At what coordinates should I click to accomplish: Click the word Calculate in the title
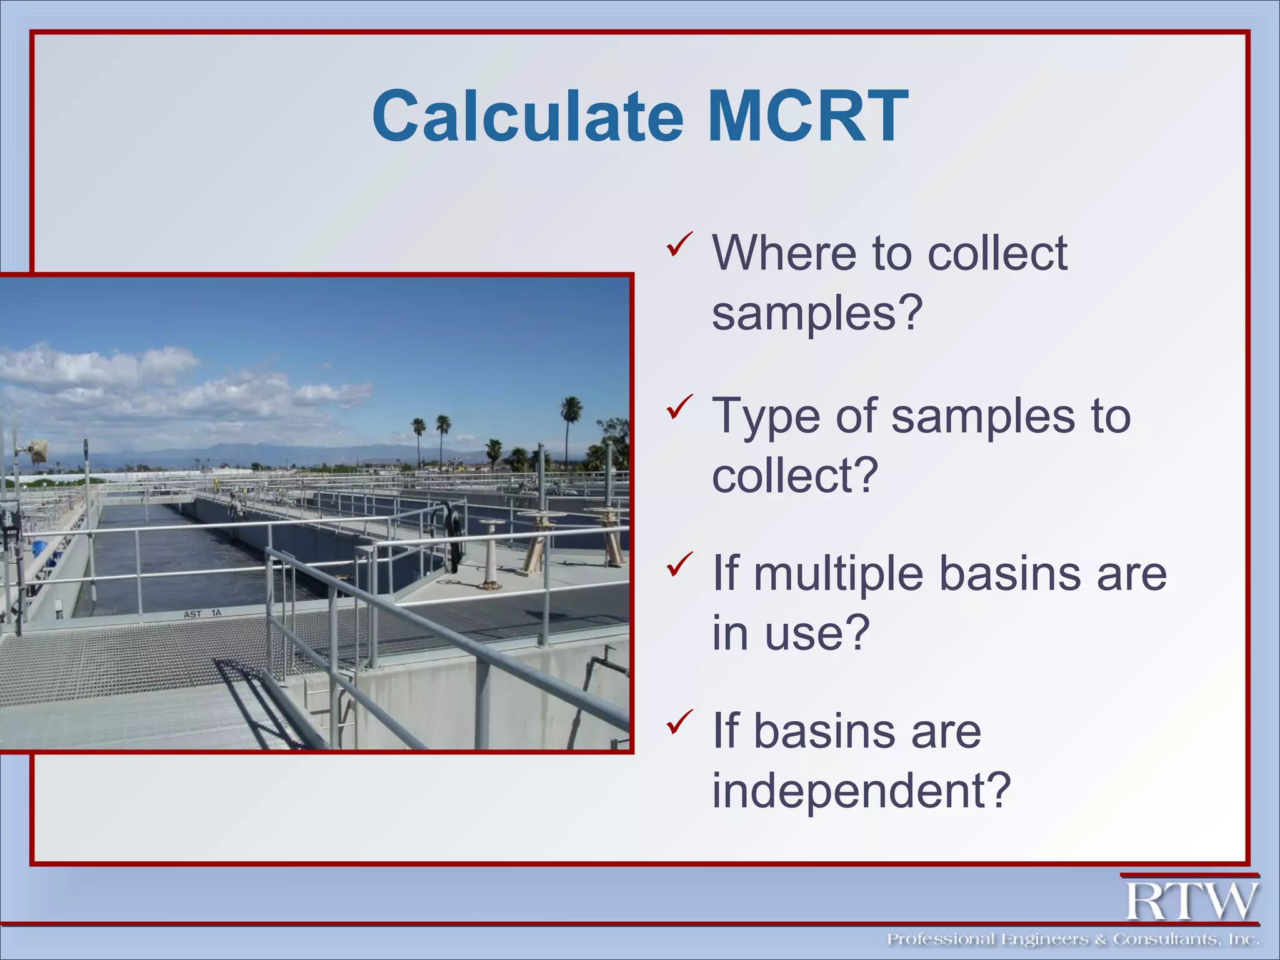528,117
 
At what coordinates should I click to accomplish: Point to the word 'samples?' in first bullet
817,312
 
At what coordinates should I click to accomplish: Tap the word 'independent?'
861,791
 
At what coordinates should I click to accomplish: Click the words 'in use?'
791,632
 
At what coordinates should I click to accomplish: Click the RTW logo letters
1192,901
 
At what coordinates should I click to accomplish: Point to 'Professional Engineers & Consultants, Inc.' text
1072,939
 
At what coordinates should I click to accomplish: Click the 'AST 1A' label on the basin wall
202,614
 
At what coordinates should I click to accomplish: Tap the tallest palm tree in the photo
571,416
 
